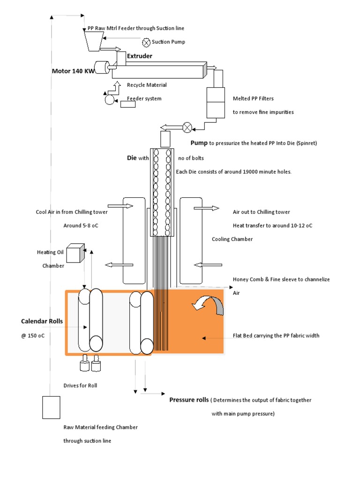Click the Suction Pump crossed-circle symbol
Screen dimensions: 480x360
[147, 42]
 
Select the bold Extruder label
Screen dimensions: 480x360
[139, 56]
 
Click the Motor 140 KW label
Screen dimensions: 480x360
[72, 71]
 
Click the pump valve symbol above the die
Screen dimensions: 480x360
[187, 127]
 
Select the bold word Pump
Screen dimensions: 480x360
[199, 143]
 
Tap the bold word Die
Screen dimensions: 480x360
[132, 158]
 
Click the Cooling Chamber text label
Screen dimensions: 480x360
[232, 239]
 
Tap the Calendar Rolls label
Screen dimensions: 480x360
[42, 322]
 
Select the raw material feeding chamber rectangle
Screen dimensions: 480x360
[51, 407]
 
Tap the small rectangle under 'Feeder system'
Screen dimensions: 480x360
[128, 105]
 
